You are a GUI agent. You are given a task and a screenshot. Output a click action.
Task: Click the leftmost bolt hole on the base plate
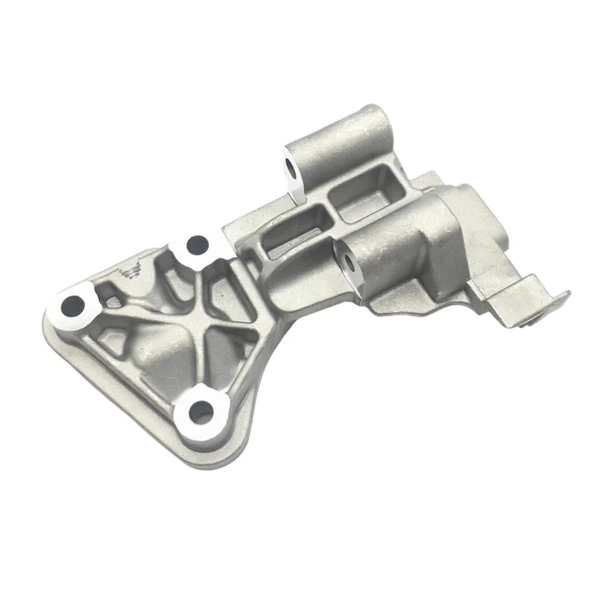74,306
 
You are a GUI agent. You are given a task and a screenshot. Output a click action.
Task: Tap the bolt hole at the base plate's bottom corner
200,413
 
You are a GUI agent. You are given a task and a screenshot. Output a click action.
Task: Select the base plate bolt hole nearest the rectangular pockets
197,245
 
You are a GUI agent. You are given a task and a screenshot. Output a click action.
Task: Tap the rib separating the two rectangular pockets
328,212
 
